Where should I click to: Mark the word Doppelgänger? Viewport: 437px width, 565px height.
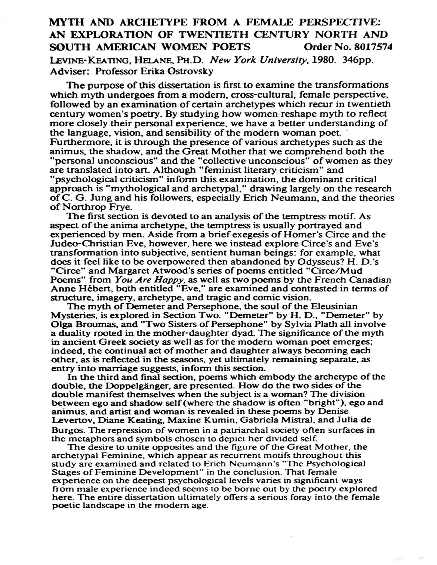126,386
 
